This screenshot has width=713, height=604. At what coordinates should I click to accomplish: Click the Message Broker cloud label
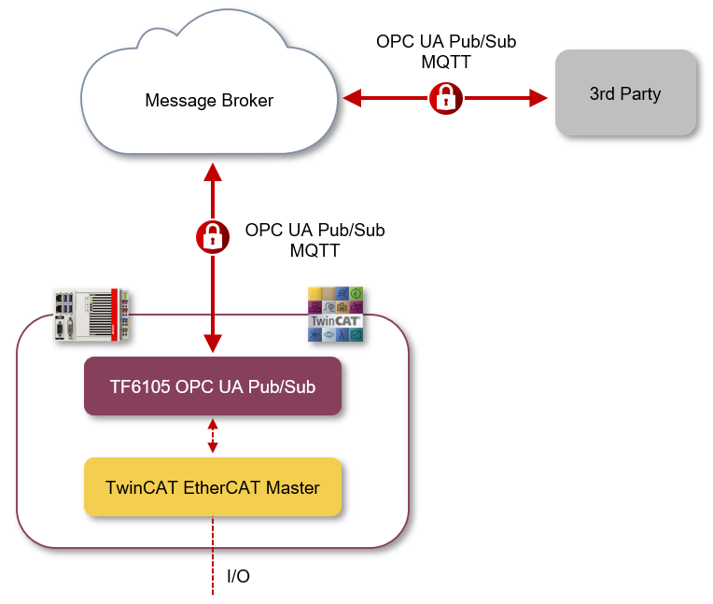[x=209, y=100]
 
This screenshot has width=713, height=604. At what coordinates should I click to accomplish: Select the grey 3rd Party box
[x=625, y=93]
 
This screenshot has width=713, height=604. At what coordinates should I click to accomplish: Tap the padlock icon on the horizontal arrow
[x=446, y=97]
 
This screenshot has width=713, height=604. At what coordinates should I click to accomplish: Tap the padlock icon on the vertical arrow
[x=213, y=236]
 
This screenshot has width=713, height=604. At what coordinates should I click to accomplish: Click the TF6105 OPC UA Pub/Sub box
[x=213, y=385]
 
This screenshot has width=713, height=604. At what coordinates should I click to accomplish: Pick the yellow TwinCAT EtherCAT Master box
[x=213, y=487]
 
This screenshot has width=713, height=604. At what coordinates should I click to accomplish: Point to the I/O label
[x=239, y=577]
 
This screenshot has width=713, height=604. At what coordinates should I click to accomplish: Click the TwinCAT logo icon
[x=335, y=315]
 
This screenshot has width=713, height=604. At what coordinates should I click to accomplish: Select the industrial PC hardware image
[x=91, y=316]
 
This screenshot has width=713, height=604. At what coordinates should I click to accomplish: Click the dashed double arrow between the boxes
[x=213, y=436]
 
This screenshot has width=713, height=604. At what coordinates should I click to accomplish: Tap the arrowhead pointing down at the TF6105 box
[x=213, y=344]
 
